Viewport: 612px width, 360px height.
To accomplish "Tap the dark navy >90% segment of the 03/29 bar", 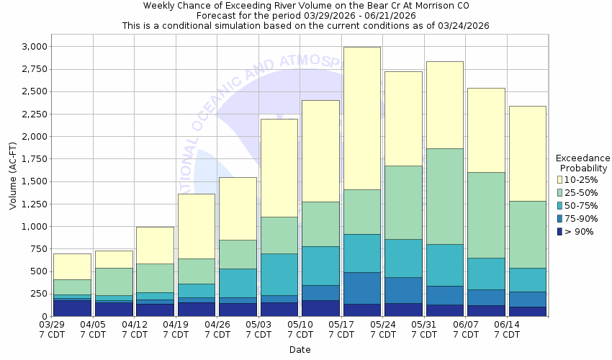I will [72, 308].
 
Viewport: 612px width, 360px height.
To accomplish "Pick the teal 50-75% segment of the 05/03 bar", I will [279, 274].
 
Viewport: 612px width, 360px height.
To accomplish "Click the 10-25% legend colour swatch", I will [559, 179].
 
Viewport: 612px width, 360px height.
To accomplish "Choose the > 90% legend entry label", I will [580, 231].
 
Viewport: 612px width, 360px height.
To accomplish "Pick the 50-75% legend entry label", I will [583, 205].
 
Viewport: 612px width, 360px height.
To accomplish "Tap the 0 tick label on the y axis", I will [43, 316].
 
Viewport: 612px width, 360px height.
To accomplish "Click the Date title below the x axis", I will [300, 350].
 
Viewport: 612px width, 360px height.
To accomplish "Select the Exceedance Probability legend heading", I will [582, 163].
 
